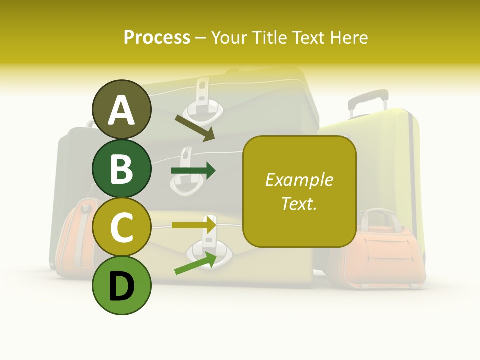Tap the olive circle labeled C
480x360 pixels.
(x=122, y=227)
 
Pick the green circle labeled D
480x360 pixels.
(x=122, y=286)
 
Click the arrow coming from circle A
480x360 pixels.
(x=195, y=128)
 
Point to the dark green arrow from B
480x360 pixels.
(x=193, y=171)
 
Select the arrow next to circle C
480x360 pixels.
(x=194, y=225)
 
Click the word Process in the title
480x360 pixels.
(x=157, y=37)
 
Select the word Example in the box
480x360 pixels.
(x=299, y=180)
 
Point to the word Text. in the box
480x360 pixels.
(x=299, y=203)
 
